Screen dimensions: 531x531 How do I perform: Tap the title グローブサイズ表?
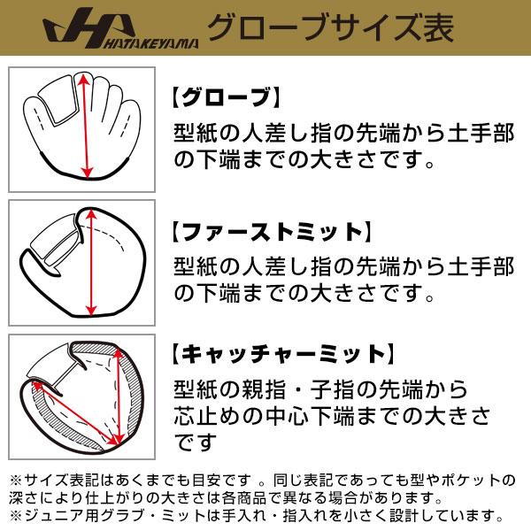coord(329,29)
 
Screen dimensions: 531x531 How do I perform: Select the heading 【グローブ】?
coord(225,97)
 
